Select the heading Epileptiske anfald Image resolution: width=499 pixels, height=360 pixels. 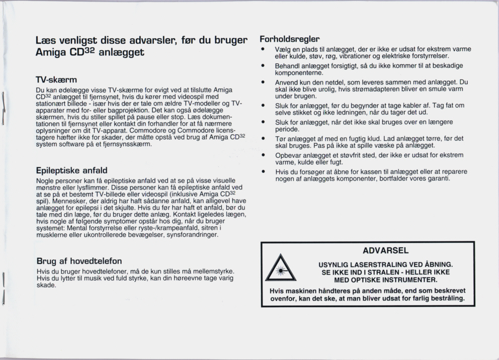point(72,170)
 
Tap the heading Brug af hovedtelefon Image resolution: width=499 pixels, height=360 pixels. point(79,261)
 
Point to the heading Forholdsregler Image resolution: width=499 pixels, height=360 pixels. point(290,39)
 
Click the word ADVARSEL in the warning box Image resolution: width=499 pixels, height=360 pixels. point(385,250)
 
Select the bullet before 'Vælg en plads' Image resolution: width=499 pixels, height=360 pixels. point(263,49)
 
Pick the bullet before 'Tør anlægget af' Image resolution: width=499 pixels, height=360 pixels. point(263,138)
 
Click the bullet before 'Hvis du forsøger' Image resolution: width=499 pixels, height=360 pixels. point(263,171)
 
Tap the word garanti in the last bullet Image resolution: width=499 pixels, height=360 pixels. point(437,178)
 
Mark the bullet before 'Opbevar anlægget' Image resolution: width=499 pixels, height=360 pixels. point(263,155)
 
